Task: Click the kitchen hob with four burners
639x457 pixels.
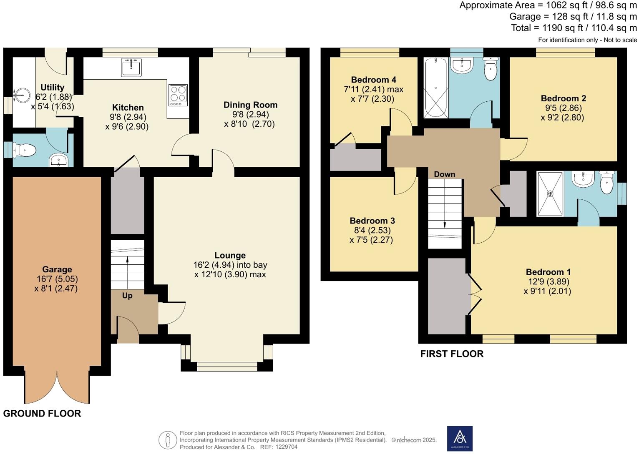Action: point(178,95)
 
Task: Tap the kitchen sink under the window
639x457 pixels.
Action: point(131,67)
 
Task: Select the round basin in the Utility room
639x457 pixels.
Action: point(22,95)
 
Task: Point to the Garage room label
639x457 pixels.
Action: point(57,269)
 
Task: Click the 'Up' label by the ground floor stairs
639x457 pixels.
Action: point(127,296)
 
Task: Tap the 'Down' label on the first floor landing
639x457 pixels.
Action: point(445,174)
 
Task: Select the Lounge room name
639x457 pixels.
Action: point(230,255)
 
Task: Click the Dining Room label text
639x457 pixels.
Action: point(250,105)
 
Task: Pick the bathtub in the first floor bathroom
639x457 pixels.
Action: point(436,88)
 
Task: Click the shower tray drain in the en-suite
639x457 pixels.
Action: point(550,194)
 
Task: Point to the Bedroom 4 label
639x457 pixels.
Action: point(373,80)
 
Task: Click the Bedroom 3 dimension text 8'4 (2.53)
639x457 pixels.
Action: point(372,230)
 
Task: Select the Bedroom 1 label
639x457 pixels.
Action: point(548,272)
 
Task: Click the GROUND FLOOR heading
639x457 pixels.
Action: point(42,413)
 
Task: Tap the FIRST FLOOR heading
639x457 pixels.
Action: point(452,354)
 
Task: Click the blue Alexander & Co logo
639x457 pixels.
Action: point(460,439)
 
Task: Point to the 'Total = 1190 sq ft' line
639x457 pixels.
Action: point(574,28)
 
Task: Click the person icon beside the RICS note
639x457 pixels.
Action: point(167,440)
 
